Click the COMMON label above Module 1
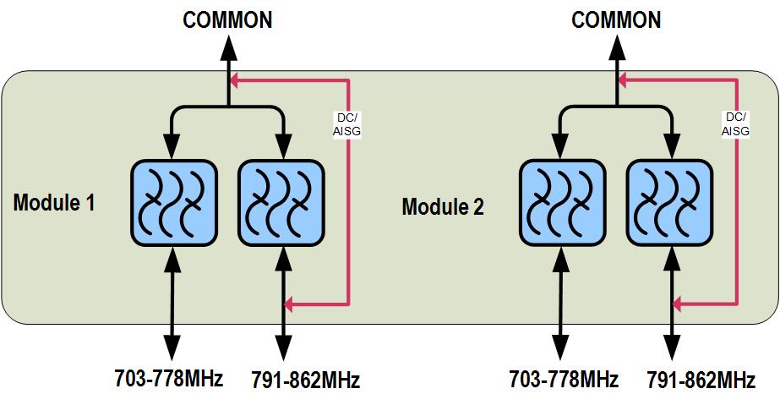click(228, 20)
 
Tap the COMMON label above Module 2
click(616, 20)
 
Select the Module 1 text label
click(54, 203)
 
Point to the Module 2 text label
click(443, 206)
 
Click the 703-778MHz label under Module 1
click(169, 378)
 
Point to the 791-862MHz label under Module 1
click(305, 380)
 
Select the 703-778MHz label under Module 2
click(564, 378)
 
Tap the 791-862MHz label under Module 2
click(701, 380)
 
